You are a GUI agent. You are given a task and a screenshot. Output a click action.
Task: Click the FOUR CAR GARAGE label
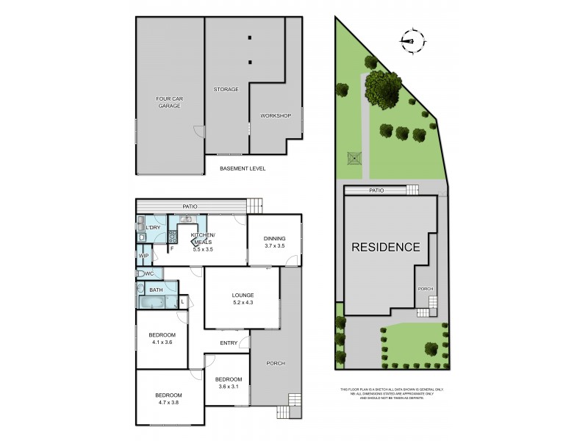click(168, 102)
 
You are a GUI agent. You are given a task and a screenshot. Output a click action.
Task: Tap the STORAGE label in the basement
click(226, 89)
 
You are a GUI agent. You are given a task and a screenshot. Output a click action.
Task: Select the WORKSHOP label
click(276, 115)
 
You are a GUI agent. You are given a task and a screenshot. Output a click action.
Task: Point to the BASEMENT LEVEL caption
click(243, 168)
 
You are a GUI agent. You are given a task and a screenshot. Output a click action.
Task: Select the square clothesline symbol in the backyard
click(354, 157)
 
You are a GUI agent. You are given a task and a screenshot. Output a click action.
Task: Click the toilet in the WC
click(140, 273)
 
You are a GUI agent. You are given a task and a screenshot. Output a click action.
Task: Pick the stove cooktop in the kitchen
click(173, 236)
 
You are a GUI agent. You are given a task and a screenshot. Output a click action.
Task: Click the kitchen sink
click(186, 218)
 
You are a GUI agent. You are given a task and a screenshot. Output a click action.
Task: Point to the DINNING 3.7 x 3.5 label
click(273, 240)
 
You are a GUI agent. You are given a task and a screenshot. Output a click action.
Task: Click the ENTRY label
click(229, 343)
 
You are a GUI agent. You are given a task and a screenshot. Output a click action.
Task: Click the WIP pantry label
click(143, 256)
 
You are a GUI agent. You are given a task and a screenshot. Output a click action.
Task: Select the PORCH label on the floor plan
click(275, 363)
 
